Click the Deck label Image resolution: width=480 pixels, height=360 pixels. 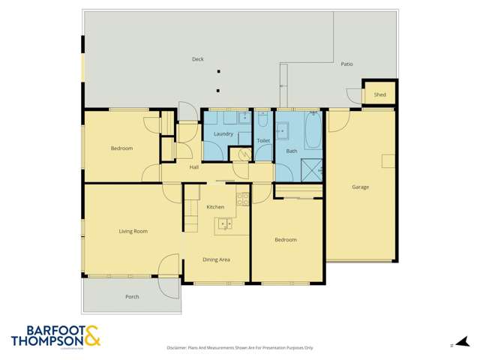(x=197, y=59)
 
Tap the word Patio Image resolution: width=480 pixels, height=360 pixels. (x=346, y=64)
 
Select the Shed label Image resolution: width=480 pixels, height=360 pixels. (x=380, y=94)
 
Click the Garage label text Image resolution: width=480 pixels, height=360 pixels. (x=361, y=186)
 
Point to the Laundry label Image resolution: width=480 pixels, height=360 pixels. (x=223, y=134)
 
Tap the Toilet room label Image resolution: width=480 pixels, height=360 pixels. (x=262, y=140)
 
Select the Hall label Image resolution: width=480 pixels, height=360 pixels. (x=194, y=167)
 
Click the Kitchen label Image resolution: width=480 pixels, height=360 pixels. (x=215, y=206)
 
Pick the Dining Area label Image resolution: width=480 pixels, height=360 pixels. (x=216, y=259)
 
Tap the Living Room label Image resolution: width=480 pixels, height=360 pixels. (x=133, y=231)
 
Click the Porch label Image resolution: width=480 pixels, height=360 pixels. (x=132, y=297)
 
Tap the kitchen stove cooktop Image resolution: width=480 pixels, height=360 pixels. (x=243, y=199)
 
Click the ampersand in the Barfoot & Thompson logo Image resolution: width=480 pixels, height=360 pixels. (x=91, y=336)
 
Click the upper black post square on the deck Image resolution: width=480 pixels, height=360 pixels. (x=218, y=72)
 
